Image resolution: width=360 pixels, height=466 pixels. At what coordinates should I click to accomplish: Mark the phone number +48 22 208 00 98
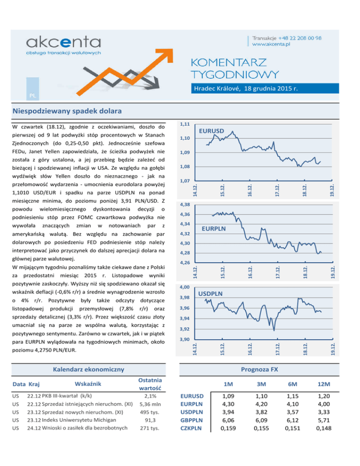300,38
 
